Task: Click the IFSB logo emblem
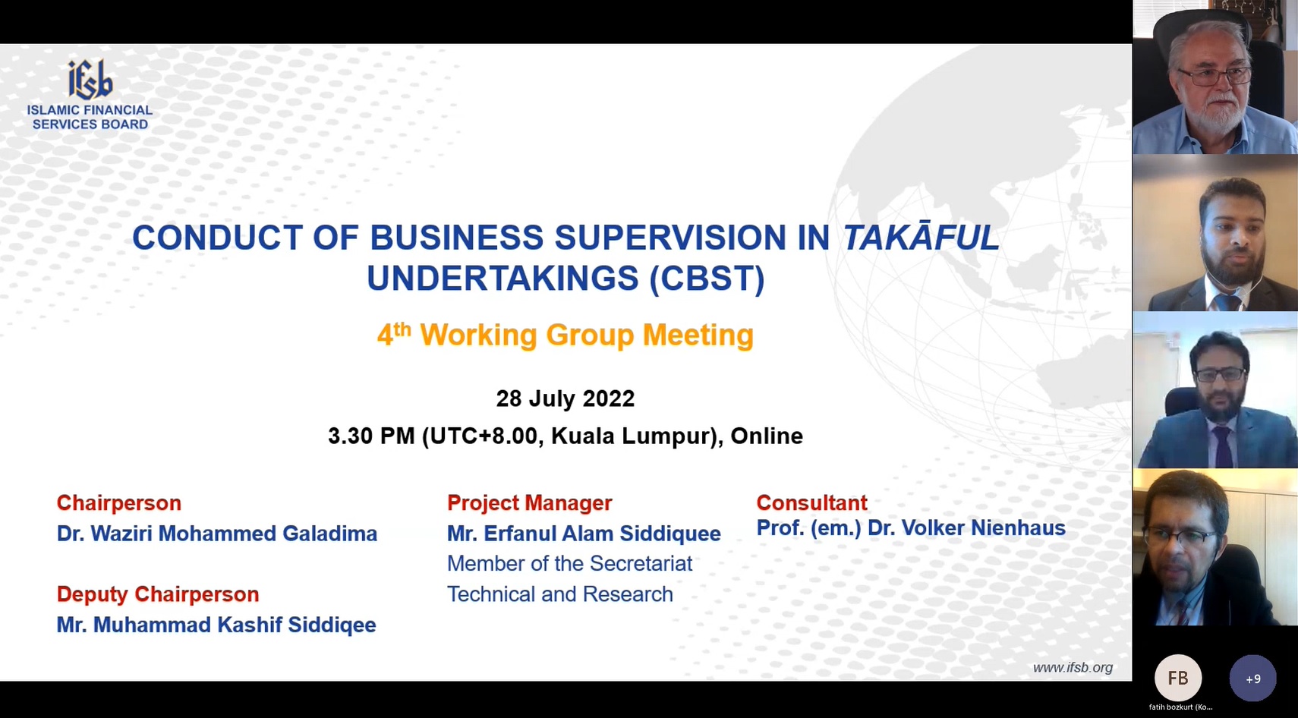(x=90, y=80)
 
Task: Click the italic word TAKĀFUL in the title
(x=921, y=238)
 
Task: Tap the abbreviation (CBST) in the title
(x=707, y=279)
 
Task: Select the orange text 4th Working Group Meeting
(x=565, y=335)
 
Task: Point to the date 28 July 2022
(x=565, y=398)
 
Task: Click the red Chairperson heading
(x=118, y=503)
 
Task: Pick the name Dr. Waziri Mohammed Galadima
(x=217, y=534)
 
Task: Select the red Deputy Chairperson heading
(x=158, y=594)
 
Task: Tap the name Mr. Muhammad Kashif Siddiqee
(x=216, y=625)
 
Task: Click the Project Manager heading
(x=530, y=503)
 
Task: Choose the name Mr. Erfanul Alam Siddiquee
(x=584, y=534)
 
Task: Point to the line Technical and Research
(x=559, y=594)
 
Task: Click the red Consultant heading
(x=812, y=503)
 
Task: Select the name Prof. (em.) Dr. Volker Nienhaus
(x=911, y=528)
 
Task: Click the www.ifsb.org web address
(x=1073, y=668)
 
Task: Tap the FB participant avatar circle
(x=1178, y=678)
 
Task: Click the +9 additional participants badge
(x=1252, y=678)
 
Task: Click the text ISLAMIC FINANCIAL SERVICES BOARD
(x=90, y=117)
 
